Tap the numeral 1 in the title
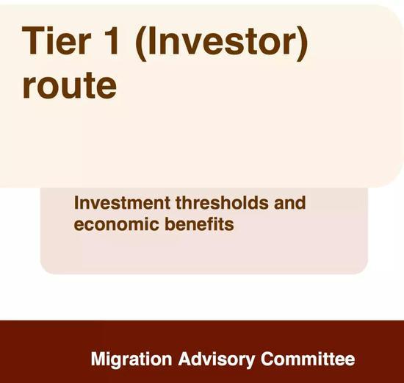point(112,40)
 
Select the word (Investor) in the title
point(222,43)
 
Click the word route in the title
point(70,85)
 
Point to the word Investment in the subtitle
point(122,203)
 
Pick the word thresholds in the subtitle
point(222,203)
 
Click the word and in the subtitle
point(290,203)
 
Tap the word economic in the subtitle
point(116,224)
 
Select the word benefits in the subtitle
point(199,224)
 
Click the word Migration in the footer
point(131,359)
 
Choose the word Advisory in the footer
point(217,359)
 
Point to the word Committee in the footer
point(308,359)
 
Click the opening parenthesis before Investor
point(141,43)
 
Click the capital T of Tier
point(33,40)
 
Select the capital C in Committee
point(267,359)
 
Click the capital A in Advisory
point(185,358)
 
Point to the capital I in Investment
point(76,203)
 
